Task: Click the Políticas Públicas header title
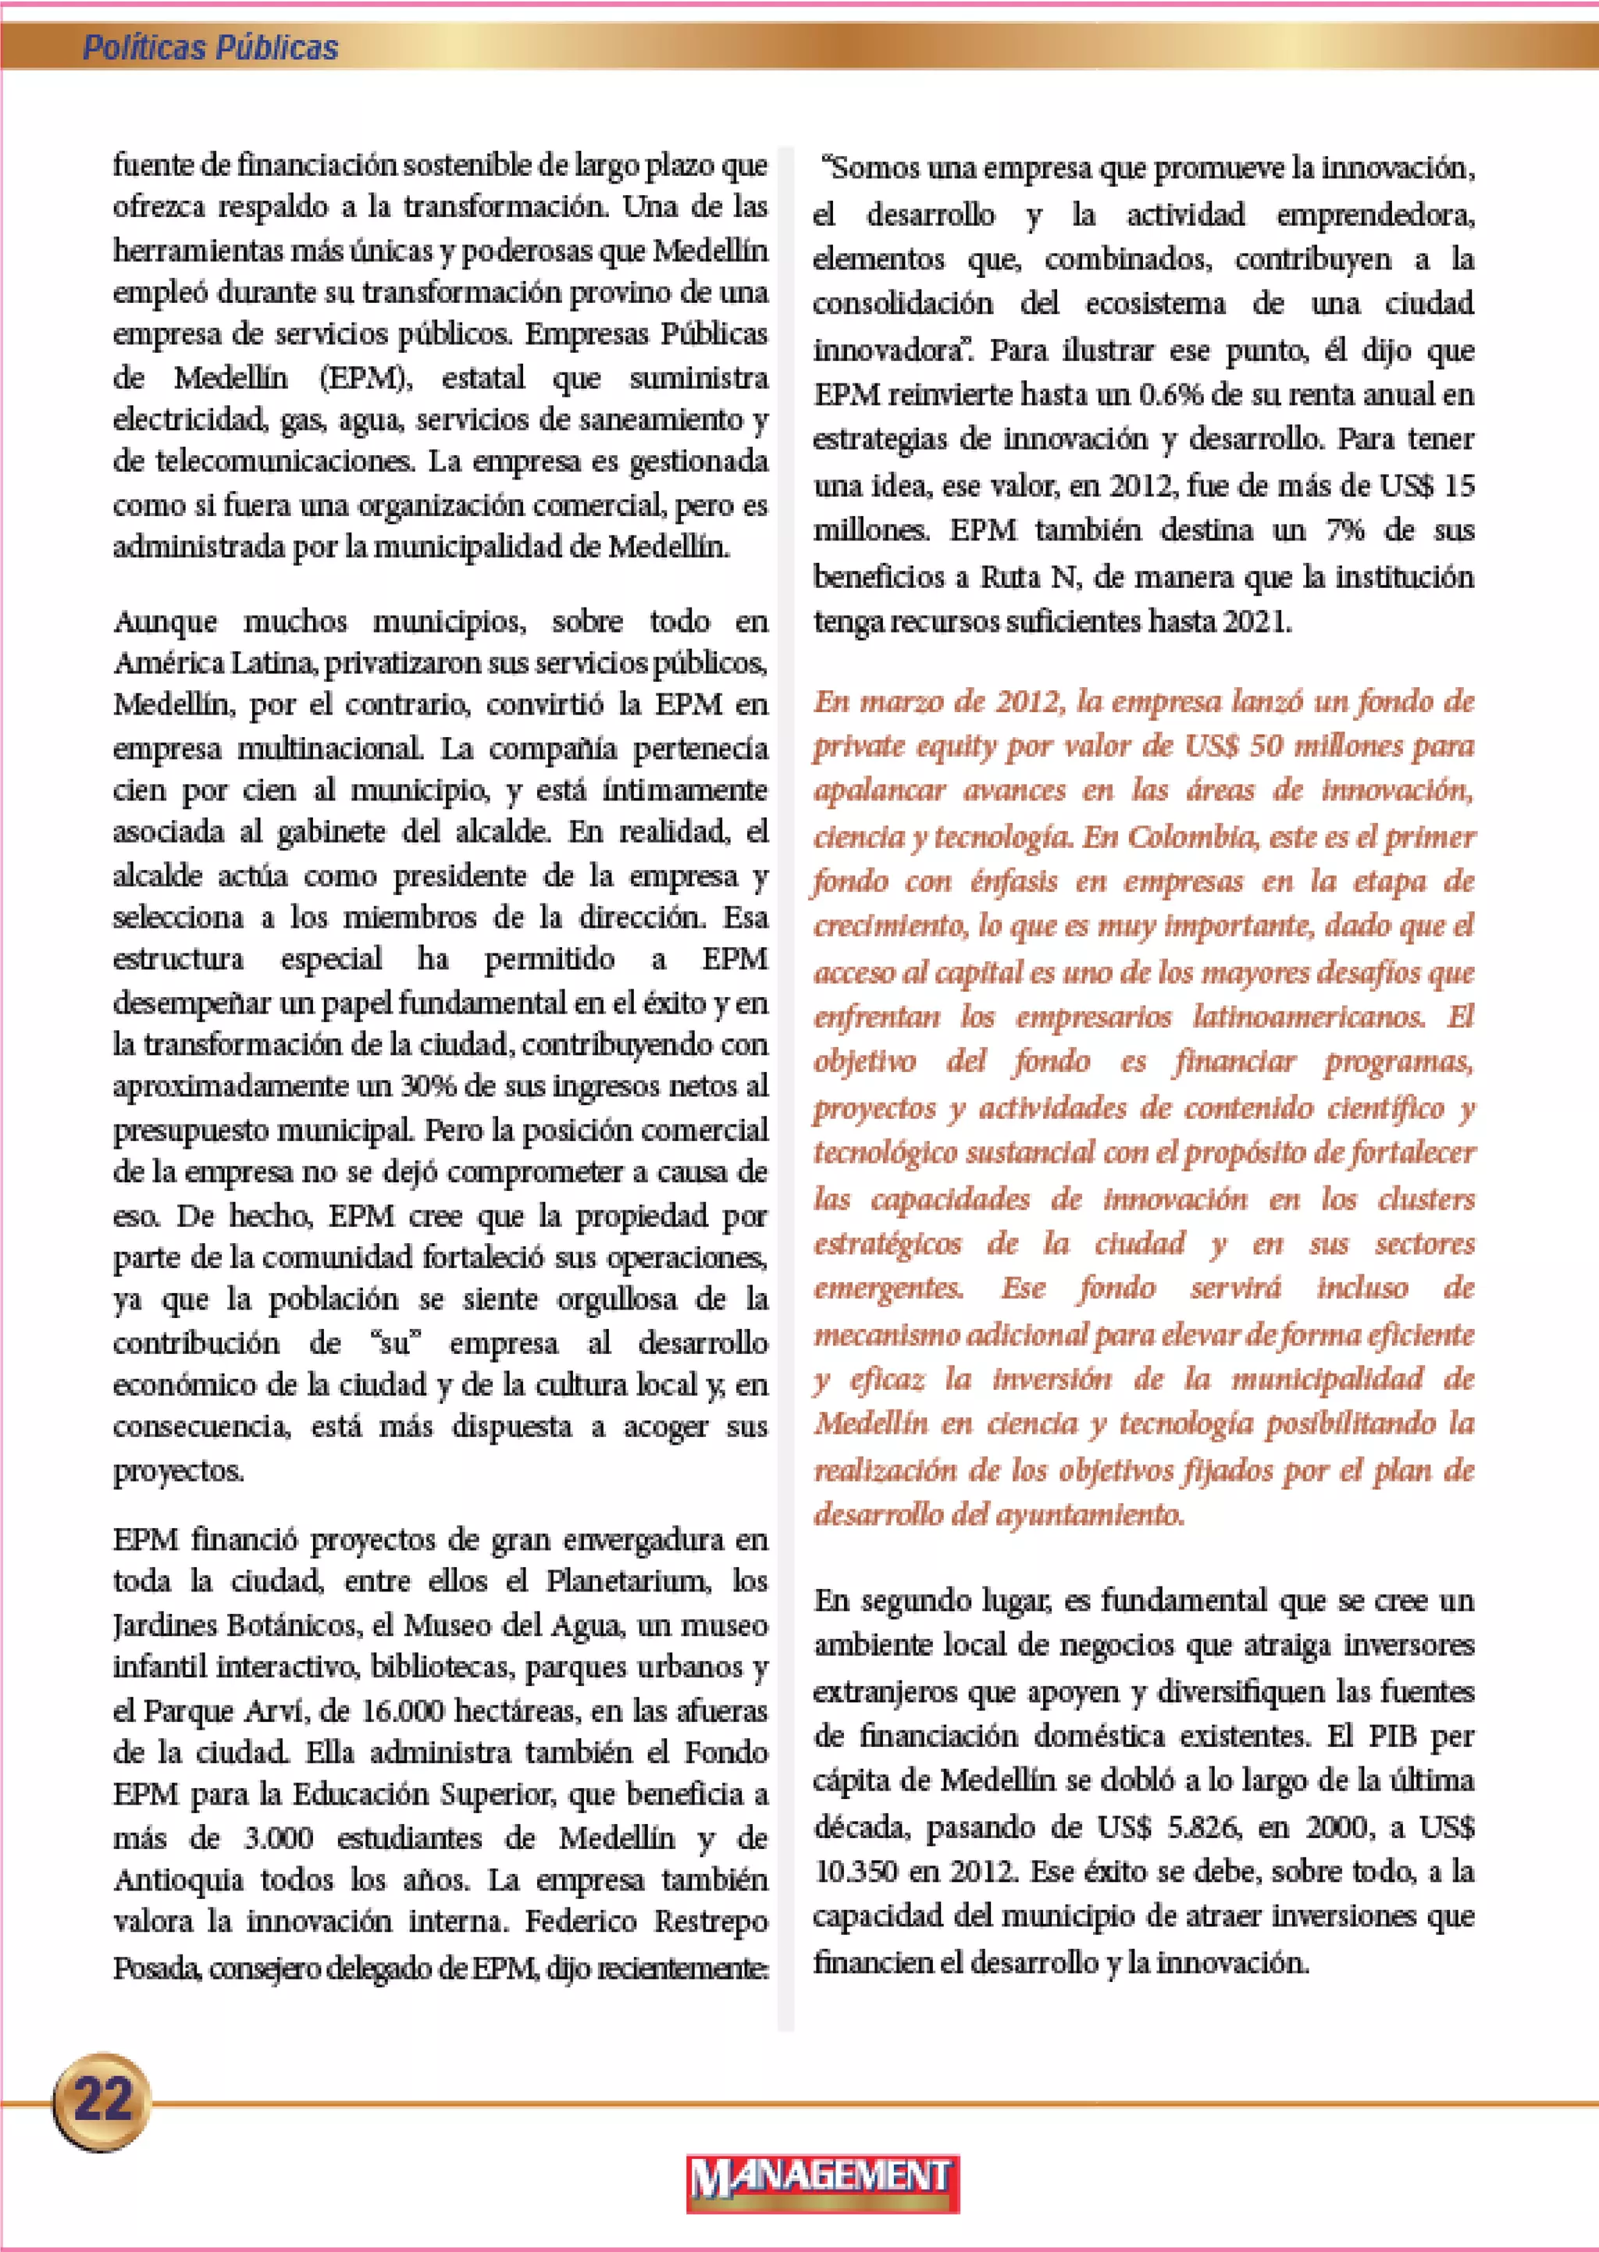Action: pos(210,48)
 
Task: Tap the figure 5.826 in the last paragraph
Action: pos(1202,1827)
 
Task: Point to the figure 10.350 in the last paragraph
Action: pos(856,1872)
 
